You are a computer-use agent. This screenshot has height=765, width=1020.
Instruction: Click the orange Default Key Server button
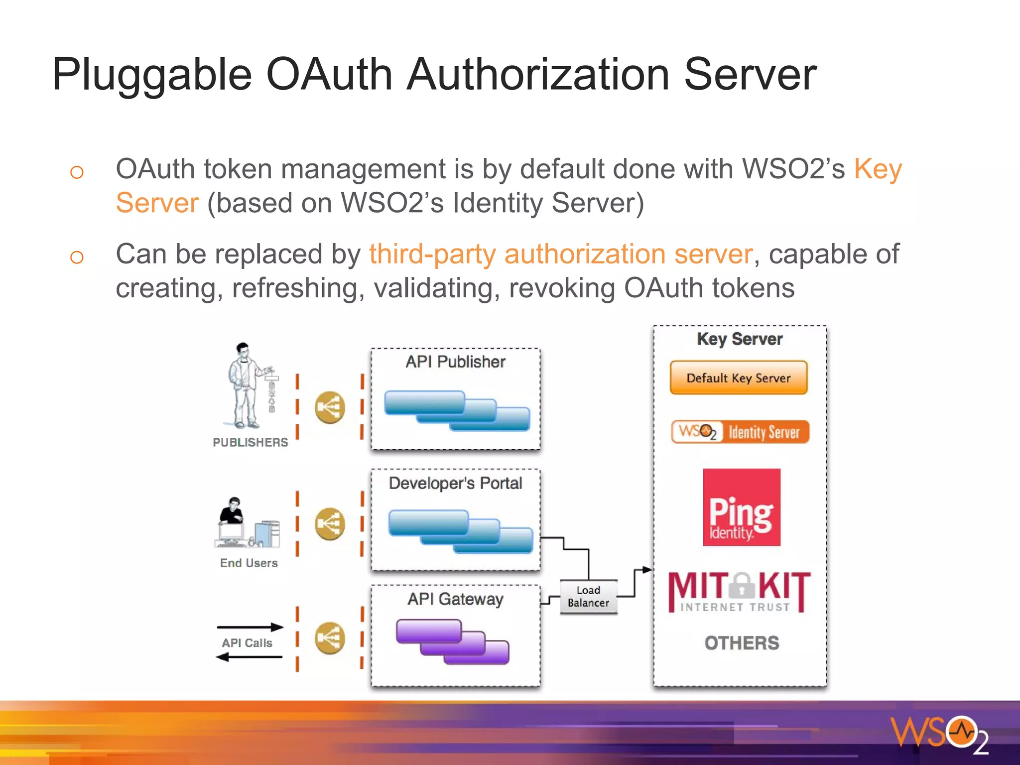coord(738,378)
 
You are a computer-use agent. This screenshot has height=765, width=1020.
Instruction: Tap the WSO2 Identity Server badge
coord(740,432)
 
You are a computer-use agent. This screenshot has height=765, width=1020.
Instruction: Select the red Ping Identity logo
coord(741,507)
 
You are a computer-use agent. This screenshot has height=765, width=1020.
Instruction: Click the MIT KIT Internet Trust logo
coord(740,592)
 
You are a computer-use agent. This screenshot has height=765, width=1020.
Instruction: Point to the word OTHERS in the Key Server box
coord(741,643)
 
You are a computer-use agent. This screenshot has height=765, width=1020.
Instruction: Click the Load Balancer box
coord(588,596)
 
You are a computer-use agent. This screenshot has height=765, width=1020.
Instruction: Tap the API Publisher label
coord(455,362)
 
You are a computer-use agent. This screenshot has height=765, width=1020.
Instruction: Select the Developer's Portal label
coord(455,483)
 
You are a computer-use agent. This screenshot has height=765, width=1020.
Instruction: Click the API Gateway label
coord(455,599)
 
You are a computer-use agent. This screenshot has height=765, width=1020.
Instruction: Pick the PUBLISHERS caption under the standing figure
coord(250,442)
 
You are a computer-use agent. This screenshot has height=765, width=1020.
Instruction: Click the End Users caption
coord(249,563)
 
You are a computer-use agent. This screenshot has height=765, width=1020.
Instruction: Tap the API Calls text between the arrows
coord(247,643)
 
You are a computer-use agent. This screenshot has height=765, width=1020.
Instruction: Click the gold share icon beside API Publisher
coord(330,407)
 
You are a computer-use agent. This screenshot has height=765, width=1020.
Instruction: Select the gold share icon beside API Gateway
coord(330,638)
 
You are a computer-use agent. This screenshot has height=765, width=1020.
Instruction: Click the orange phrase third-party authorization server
coord(560,254)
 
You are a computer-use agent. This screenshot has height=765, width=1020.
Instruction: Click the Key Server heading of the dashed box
coord(740,339)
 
